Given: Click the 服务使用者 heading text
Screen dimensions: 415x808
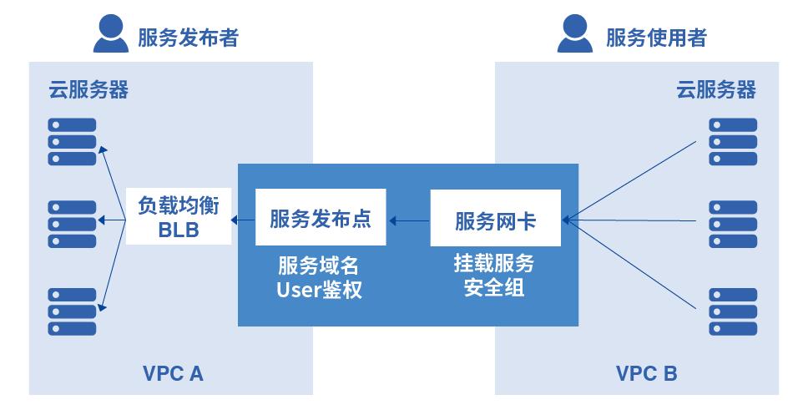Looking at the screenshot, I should tap(656, 38).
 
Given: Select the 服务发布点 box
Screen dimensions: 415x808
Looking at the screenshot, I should tap(321, 220).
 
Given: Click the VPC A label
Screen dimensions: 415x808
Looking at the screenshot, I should tap(173, 373).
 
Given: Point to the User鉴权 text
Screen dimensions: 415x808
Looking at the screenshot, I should tap(320, 291).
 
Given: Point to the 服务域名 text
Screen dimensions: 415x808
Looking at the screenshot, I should tap(319, 266).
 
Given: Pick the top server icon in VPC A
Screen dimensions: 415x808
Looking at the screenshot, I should tap(72, 141).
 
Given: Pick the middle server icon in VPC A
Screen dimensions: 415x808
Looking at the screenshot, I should tap(72, 222).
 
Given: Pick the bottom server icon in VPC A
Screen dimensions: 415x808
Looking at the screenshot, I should tap(72, 310).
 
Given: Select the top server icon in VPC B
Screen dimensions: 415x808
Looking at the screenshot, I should tap(732, 141).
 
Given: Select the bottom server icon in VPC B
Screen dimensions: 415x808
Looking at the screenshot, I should tap(732, 310).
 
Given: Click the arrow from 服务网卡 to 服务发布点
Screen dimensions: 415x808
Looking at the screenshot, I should tap(409, 221).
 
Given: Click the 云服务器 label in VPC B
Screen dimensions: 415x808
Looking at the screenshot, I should tap(715, 89).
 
